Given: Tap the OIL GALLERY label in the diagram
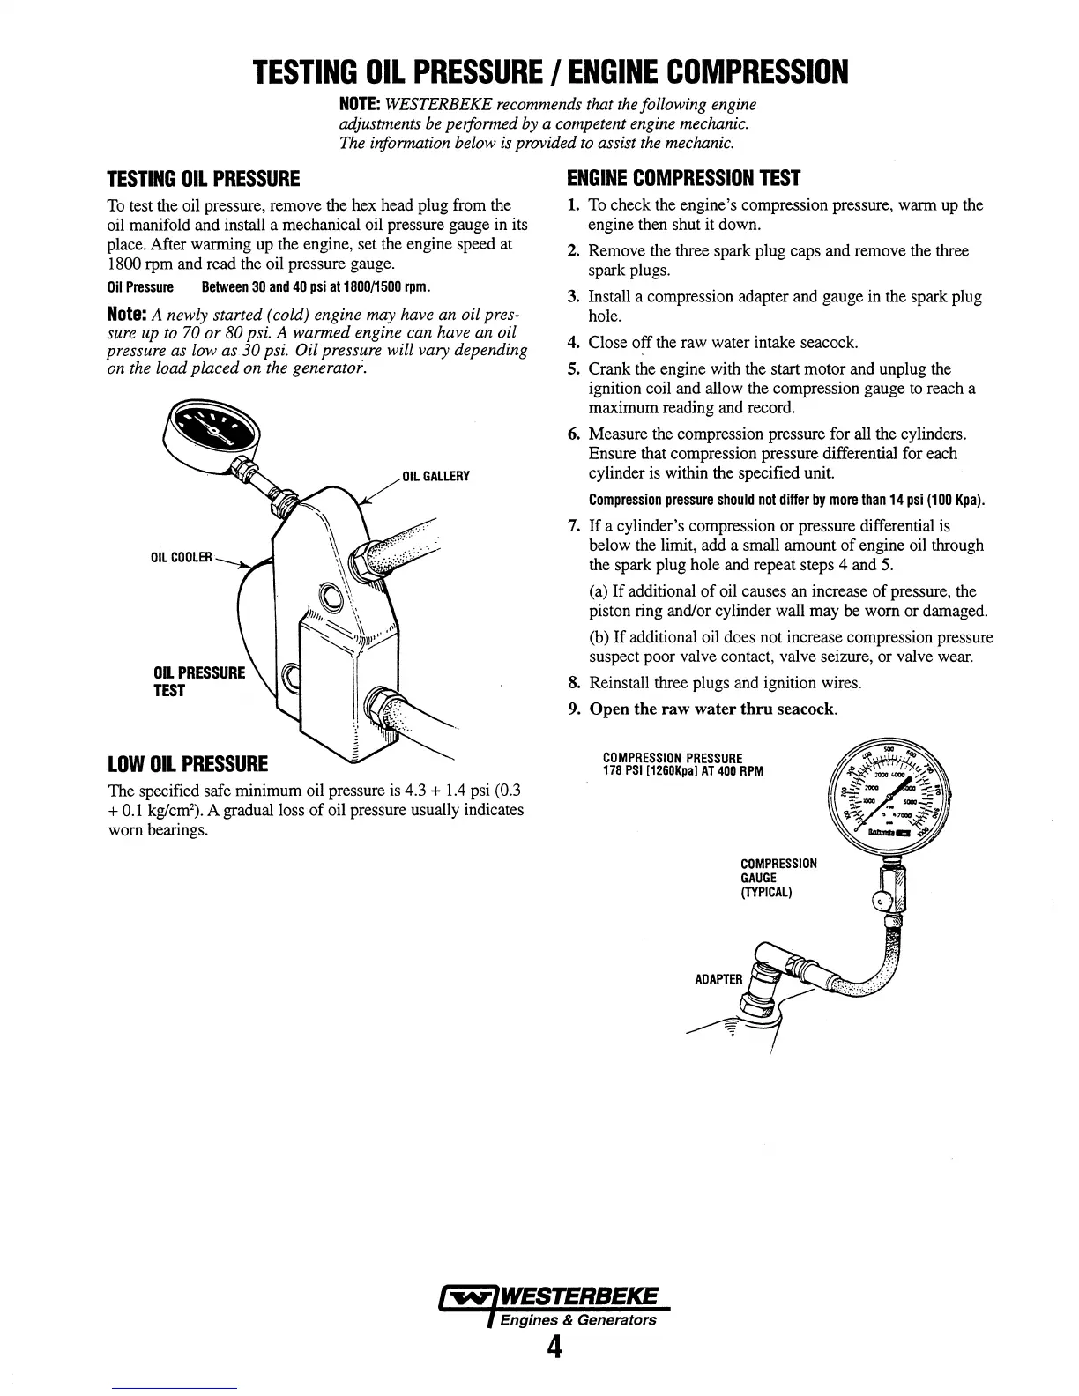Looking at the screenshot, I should click(x=435, y=477).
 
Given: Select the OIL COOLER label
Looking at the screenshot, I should click(x=182, y=557).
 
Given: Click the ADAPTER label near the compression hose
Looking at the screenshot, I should click(x=718, y=978).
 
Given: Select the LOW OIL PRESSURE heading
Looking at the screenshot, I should click(x=187, y=762).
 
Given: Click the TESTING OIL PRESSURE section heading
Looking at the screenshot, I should click(x=203, y=181).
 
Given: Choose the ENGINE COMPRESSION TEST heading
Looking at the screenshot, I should click(x=682, y=179).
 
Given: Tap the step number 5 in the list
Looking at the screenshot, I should click(x=573, y=369).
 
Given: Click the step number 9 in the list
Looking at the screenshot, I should click(x=573, y=709).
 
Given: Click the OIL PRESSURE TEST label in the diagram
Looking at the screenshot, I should click(x=199, y=681).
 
